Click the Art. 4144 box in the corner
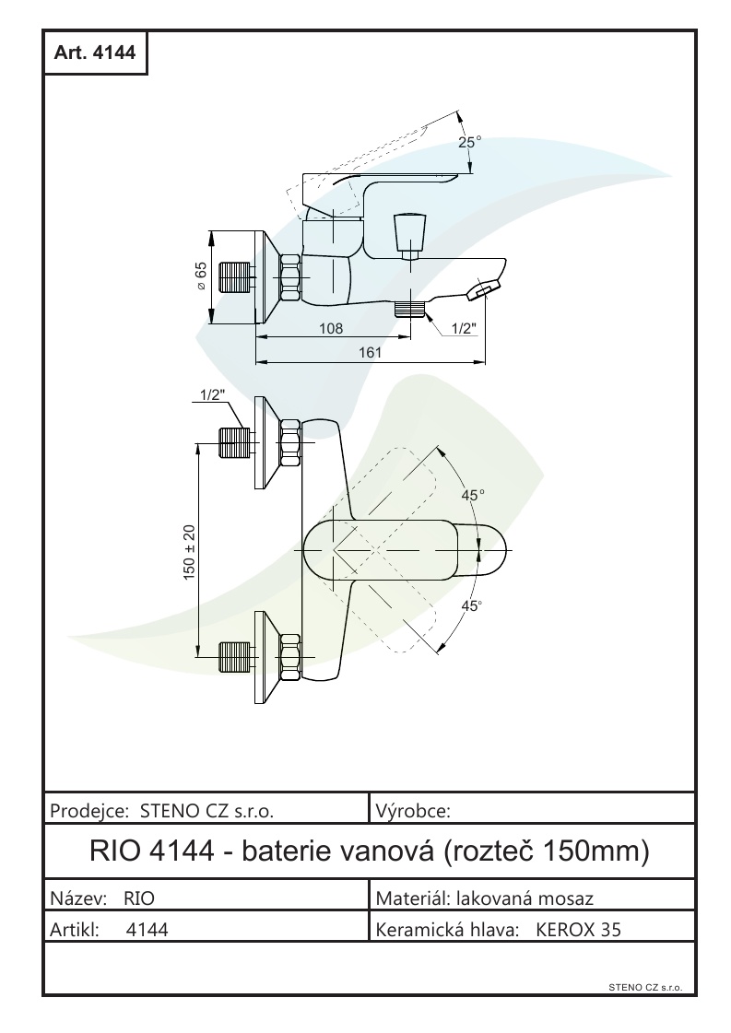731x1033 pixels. point(95,53)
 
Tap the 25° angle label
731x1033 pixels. point(470,143)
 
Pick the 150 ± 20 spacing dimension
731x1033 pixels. point(190,552)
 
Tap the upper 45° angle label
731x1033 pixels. point(473,496)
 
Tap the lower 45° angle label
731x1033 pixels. point(472,606)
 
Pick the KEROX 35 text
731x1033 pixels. point(578,930)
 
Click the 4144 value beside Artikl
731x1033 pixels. point(146,930)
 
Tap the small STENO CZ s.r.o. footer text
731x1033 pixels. point(644,987)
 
